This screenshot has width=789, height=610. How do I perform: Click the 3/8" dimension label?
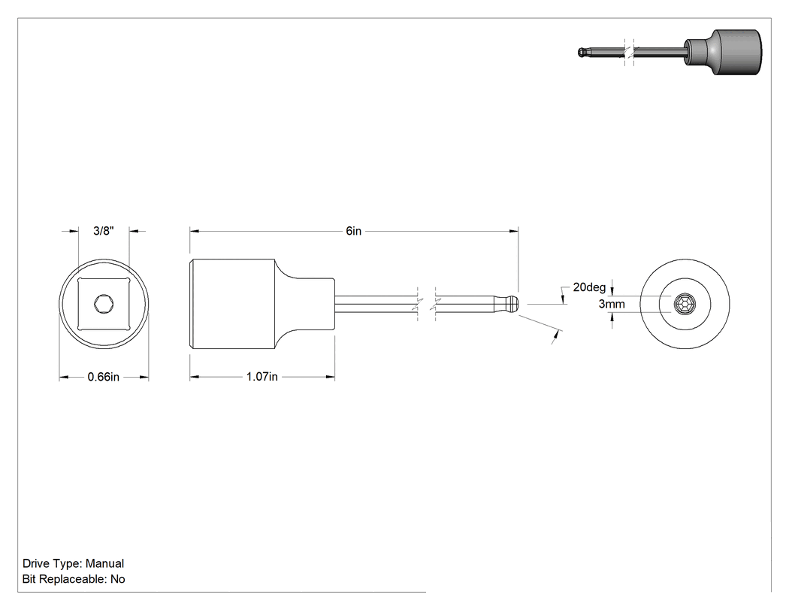(104, 231)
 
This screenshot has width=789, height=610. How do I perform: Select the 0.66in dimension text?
(104, 377)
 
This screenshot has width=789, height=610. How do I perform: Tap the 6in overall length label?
(354, 231)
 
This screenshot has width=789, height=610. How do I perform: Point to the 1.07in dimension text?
(261, 377)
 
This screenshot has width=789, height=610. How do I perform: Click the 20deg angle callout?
(589, 287)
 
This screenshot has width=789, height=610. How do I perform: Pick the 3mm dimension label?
(612, 304)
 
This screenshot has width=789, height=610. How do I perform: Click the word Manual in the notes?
(104, 563)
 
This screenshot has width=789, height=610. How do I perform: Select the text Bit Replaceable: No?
(74, 579)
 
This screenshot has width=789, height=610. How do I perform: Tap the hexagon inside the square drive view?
(104, 304)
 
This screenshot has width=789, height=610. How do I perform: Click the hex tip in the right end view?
(685, 304)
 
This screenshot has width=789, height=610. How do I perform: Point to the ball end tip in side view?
(511, 304)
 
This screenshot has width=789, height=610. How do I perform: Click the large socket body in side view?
(232, 304)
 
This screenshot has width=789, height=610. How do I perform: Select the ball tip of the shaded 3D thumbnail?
(582, 51)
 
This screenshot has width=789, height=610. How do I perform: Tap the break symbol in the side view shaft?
(427, 304)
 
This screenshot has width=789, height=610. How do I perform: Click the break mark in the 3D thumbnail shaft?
(629, 51)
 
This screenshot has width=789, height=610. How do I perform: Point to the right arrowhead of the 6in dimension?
(514, 231)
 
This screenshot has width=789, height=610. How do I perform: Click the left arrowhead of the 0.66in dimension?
(64, 377)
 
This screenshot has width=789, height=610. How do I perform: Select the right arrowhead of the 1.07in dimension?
(330, 377)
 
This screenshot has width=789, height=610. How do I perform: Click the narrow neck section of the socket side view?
(312, 304)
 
